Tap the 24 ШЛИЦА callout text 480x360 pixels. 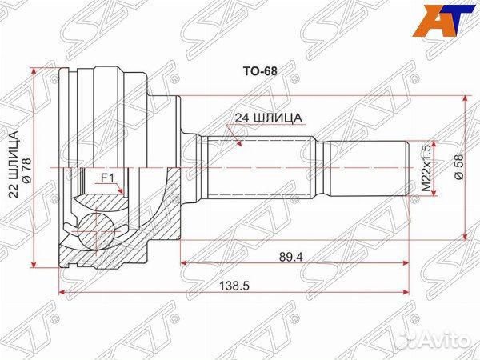tap(268, 118)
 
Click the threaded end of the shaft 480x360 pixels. tap(368, 168)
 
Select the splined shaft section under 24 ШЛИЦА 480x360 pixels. tap(256, 168)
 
